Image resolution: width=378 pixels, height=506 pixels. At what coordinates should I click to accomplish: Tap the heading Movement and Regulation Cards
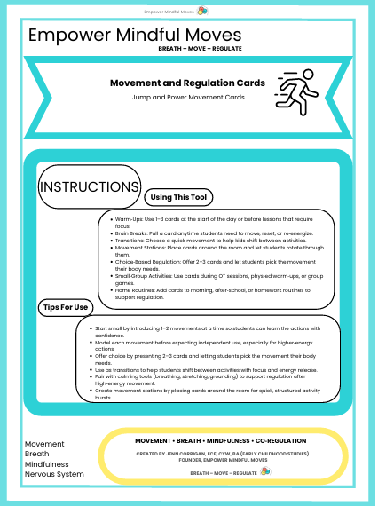(x=187, y=83)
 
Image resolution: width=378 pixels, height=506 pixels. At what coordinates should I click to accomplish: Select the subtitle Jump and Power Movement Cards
(x=187, y=97)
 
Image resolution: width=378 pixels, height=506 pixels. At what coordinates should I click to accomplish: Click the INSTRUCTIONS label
(x=89, y=187)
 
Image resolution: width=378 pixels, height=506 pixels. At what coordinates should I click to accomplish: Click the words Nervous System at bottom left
(x=54, y=474)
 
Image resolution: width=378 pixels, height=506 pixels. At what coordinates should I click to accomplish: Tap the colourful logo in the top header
(x=203, y=11)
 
